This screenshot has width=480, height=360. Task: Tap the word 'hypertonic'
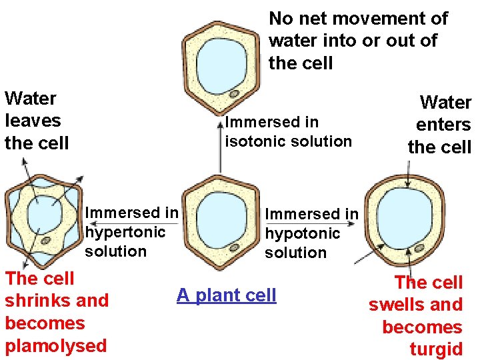125,233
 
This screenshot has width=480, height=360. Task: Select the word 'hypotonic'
302,234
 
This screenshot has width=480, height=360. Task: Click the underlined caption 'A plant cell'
226,295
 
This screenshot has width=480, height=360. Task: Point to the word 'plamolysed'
55,345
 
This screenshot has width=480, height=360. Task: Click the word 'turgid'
436,349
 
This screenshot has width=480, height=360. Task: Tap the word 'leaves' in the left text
33,121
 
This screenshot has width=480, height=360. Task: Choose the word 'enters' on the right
443,125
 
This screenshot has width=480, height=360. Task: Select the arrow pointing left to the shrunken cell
133,223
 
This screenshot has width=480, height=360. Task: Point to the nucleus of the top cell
235,93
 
